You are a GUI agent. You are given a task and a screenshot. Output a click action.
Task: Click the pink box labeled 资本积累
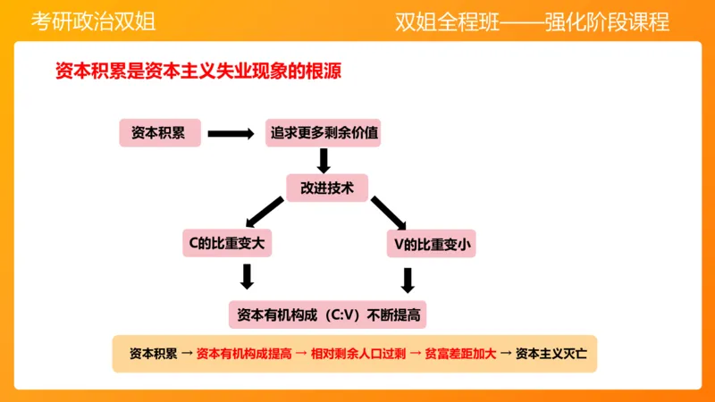click(x=158, y=133)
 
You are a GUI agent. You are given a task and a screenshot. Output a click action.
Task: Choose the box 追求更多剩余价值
click(x=324, y=133)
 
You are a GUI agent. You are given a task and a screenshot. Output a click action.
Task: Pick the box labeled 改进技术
click(x=327, y=188)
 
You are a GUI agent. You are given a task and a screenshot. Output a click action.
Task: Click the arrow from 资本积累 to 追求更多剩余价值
click(x=231, y=134)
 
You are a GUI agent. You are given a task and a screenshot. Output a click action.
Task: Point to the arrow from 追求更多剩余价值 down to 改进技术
click(x=324, y=161)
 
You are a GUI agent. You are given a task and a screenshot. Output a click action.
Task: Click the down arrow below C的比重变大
click(x=248, y=276)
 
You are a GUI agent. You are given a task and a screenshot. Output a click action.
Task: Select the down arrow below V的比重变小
click(x=408, y=280)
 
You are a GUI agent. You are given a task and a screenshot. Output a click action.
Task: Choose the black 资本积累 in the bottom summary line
click(x=153, y=353)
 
